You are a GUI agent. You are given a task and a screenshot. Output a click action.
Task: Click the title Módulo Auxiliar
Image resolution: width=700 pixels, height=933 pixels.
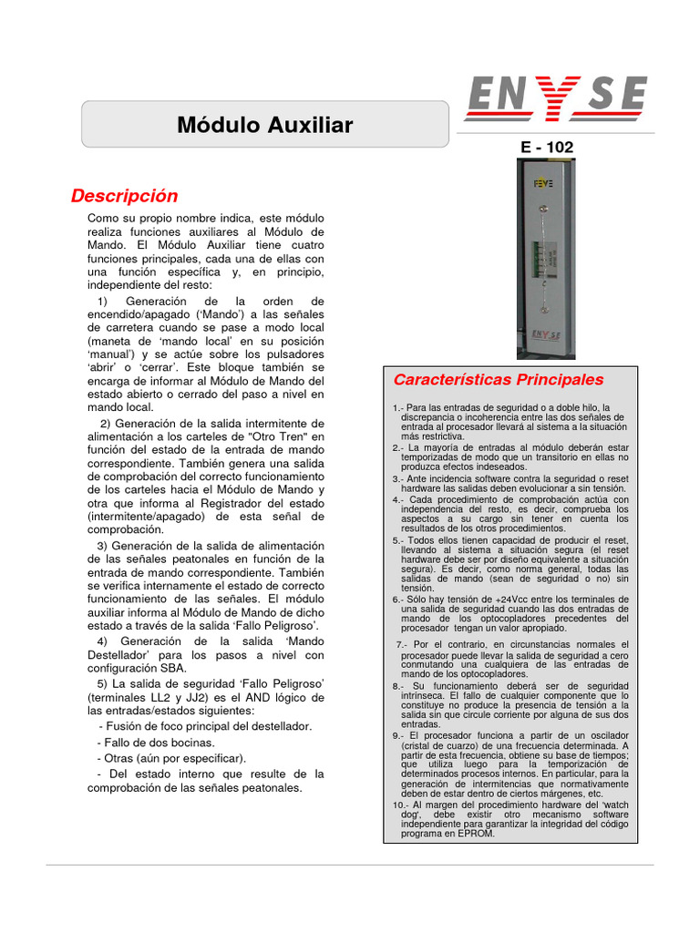click(264, 125)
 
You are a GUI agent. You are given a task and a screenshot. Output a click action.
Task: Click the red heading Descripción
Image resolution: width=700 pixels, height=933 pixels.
click(125, 196)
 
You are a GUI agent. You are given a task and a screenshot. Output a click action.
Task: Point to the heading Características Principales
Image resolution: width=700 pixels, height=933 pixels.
click(498, 379)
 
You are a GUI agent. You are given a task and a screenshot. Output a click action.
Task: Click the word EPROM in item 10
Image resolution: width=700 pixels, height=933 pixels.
click(477, 833)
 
